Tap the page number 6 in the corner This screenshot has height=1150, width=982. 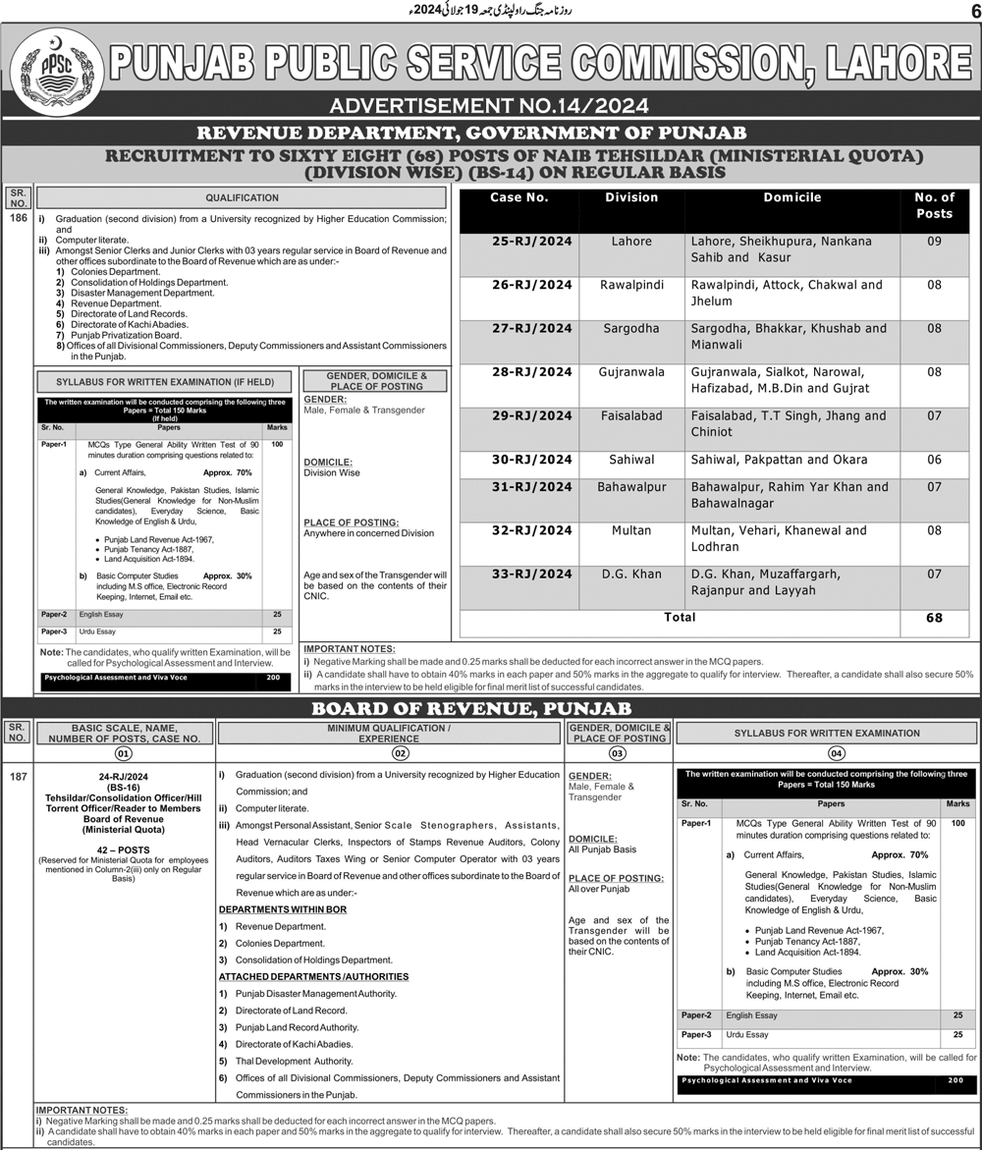click(x=972, y=12)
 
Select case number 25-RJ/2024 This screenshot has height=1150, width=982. click(x=531, y=242)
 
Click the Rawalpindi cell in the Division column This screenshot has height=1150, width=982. click(x=631, y=285)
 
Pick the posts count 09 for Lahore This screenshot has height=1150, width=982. click(x=934, y=242)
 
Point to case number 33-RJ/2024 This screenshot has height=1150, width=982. click(x=531, y=575)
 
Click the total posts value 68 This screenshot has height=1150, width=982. click(x=934, y=618)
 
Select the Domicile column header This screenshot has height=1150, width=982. click(x=791, y=198)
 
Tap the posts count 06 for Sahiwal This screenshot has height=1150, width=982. click(x=934, y=460)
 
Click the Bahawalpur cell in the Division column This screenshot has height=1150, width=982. click(x=631, y=487)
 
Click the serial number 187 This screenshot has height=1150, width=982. click(x=17, y=777)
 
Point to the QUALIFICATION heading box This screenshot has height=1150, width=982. click(x=242, y=197)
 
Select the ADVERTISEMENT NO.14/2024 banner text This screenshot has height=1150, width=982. click(x=490, y=106)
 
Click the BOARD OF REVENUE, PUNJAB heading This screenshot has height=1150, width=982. click(x=490, y=708)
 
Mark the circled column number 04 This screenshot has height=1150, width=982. click(x=837, y=754)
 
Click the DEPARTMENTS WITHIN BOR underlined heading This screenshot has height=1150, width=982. click(x=283, y=910)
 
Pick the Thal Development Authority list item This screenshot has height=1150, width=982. click(x=294, y=1062)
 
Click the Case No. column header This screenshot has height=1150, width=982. click(x=518, y=198)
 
